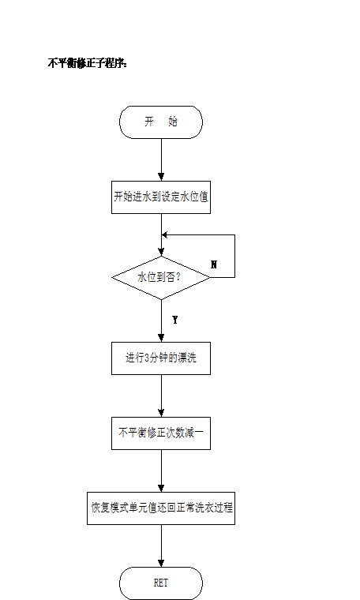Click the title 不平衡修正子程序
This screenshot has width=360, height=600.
click(87, 63)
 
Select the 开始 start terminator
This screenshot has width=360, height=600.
click(161, 122)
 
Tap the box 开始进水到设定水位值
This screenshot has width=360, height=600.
click(161, 197)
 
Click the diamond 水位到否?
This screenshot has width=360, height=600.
click(161, 277)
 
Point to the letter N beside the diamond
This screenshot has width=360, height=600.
click(214, 264)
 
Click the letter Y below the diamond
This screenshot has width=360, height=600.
click(174, 320)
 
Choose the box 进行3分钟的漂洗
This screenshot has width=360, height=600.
click(161, 358)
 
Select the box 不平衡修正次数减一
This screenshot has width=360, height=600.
click(161, 433)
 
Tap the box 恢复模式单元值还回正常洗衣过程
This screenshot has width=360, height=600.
click(161, 508)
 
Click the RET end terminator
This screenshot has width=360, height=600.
click(161, 583)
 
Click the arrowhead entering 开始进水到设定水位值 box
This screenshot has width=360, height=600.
click(161, 177)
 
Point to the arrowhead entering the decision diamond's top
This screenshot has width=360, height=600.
click(161, 252)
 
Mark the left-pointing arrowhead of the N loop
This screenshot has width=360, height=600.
click(165, 234)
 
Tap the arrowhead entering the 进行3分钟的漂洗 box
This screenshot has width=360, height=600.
click(161, 338)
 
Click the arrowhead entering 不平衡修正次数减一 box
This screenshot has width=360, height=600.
click(161, 413)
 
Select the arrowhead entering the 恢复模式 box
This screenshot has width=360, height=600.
click(161, 488)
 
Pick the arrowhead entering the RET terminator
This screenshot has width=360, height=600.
click(161, 563)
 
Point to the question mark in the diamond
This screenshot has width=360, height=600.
click(177, 277)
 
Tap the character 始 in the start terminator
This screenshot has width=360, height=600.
click(173, 122)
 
